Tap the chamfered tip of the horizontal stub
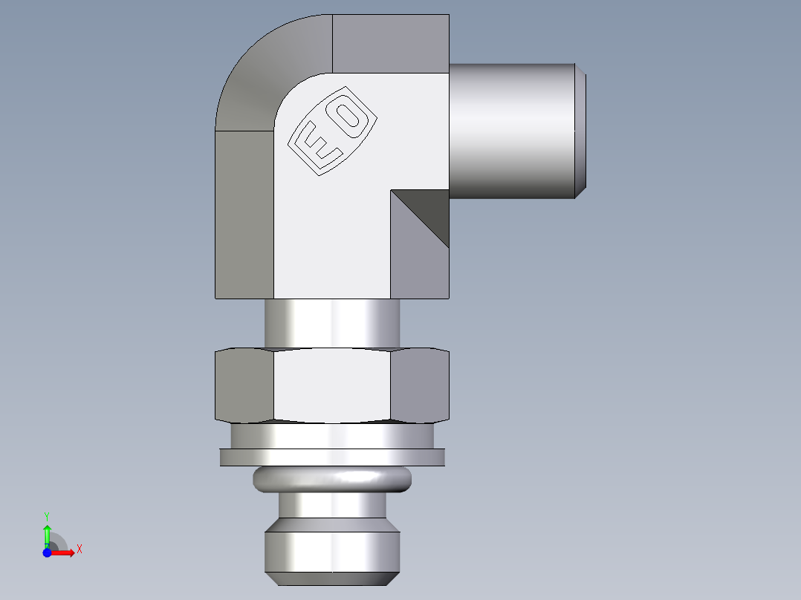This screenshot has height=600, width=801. [x=581, y=131]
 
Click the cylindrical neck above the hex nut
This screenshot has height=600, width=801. [x=331, y=322]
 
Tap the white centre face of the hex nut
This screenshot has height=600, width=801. [x=331, y=385]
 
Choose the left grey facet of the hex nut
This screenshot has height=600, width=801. [x=244, y=385]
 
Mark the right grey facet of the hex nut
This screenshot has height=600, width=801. [x=420, y=385]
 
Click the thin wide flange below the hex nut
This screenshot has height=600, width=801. [x=331, y=457]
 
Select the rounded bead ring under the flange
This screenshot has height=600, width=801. [x=331, y=480]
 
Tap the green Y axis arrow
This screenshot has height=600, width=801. [x=47, y=530]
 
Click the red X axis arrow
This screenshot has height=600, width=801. [x=65, y=552]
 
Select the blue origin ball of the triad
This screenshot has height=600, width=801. [x=48, y=552]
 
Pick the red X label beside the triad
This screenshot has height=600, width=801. [x=79, y=550]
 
